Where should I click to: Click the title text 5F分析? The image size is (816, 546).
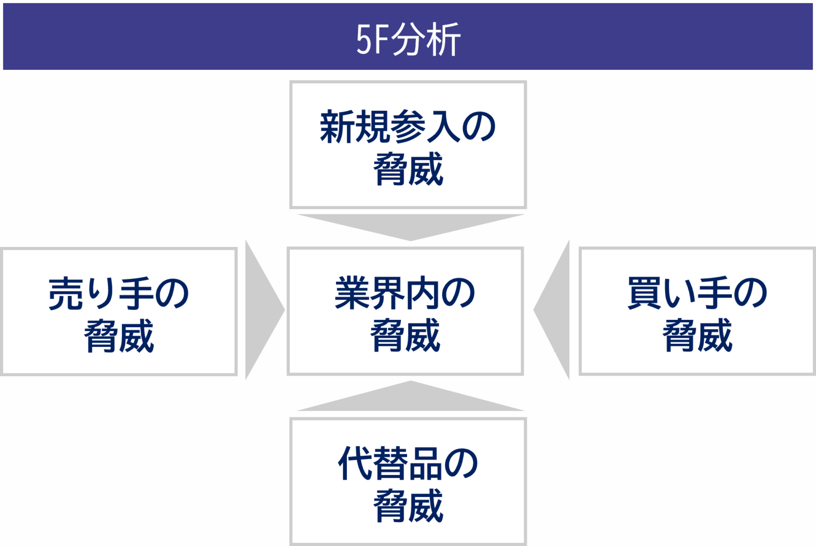tap(408, 39)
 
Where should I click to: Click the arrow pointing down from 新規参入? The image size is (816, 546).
tap(411, 227)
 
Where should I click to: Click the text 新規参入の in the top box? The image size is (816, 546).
tap(408, 127)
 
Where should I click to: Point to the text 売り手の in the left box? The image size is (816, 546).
tap(119, 293)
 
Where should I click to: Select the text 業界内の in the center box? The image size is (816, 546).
tap(405, 293)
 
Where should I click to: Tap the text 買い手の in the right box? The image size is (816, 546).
tap(697, 293)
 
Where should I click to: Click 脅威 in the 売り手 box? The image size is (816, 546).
tap(119, 336)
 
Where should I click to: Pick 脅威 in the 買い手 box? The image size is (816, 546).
tap(697, 335)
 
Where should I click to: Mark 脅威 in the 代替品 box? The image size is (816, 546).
tap(408, 506)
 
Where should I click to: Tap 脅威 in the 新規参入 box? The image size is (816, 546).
tap(408, 169)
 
